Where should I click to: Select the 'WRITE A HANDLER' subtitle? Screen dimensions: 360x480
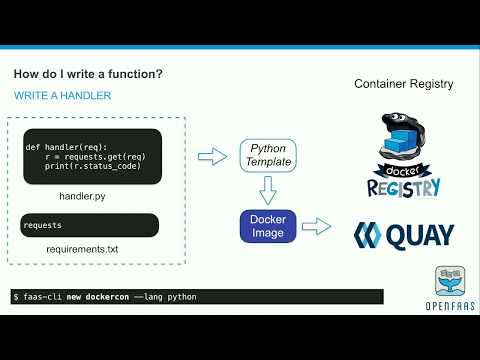pyautogui.click(x=62, y=95)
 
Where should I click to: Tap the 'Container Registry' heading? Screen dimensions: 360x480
pyautogui.click(x=403, y=84)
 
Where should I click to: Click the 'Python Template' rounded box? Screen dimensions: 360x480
pyautogui.click(x=267, y=155)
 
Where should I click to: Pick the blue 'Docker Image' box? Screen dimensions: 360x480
pyautogui.click(x=268, y=225)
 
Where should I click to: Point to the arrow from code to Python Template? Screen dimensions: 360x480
pyautogui.click(x=212, y=155)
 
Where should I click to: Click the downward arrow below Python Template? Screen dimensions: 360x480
pyautogui.click(x=267, y=190)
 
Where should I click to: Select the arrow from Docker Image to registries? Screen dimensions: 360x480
pyautogui.click(x=317, y=227)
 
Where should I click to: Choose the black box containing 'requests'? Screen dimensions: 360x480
pyautogui.click(x=89, y=225)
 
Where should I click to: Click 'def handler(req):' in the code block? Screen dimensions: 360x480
pyautogui.click(x=65, y=147)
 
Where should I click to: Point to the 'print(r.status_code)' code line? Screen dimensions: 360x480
pyautogui.click(x=92, y=166)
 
